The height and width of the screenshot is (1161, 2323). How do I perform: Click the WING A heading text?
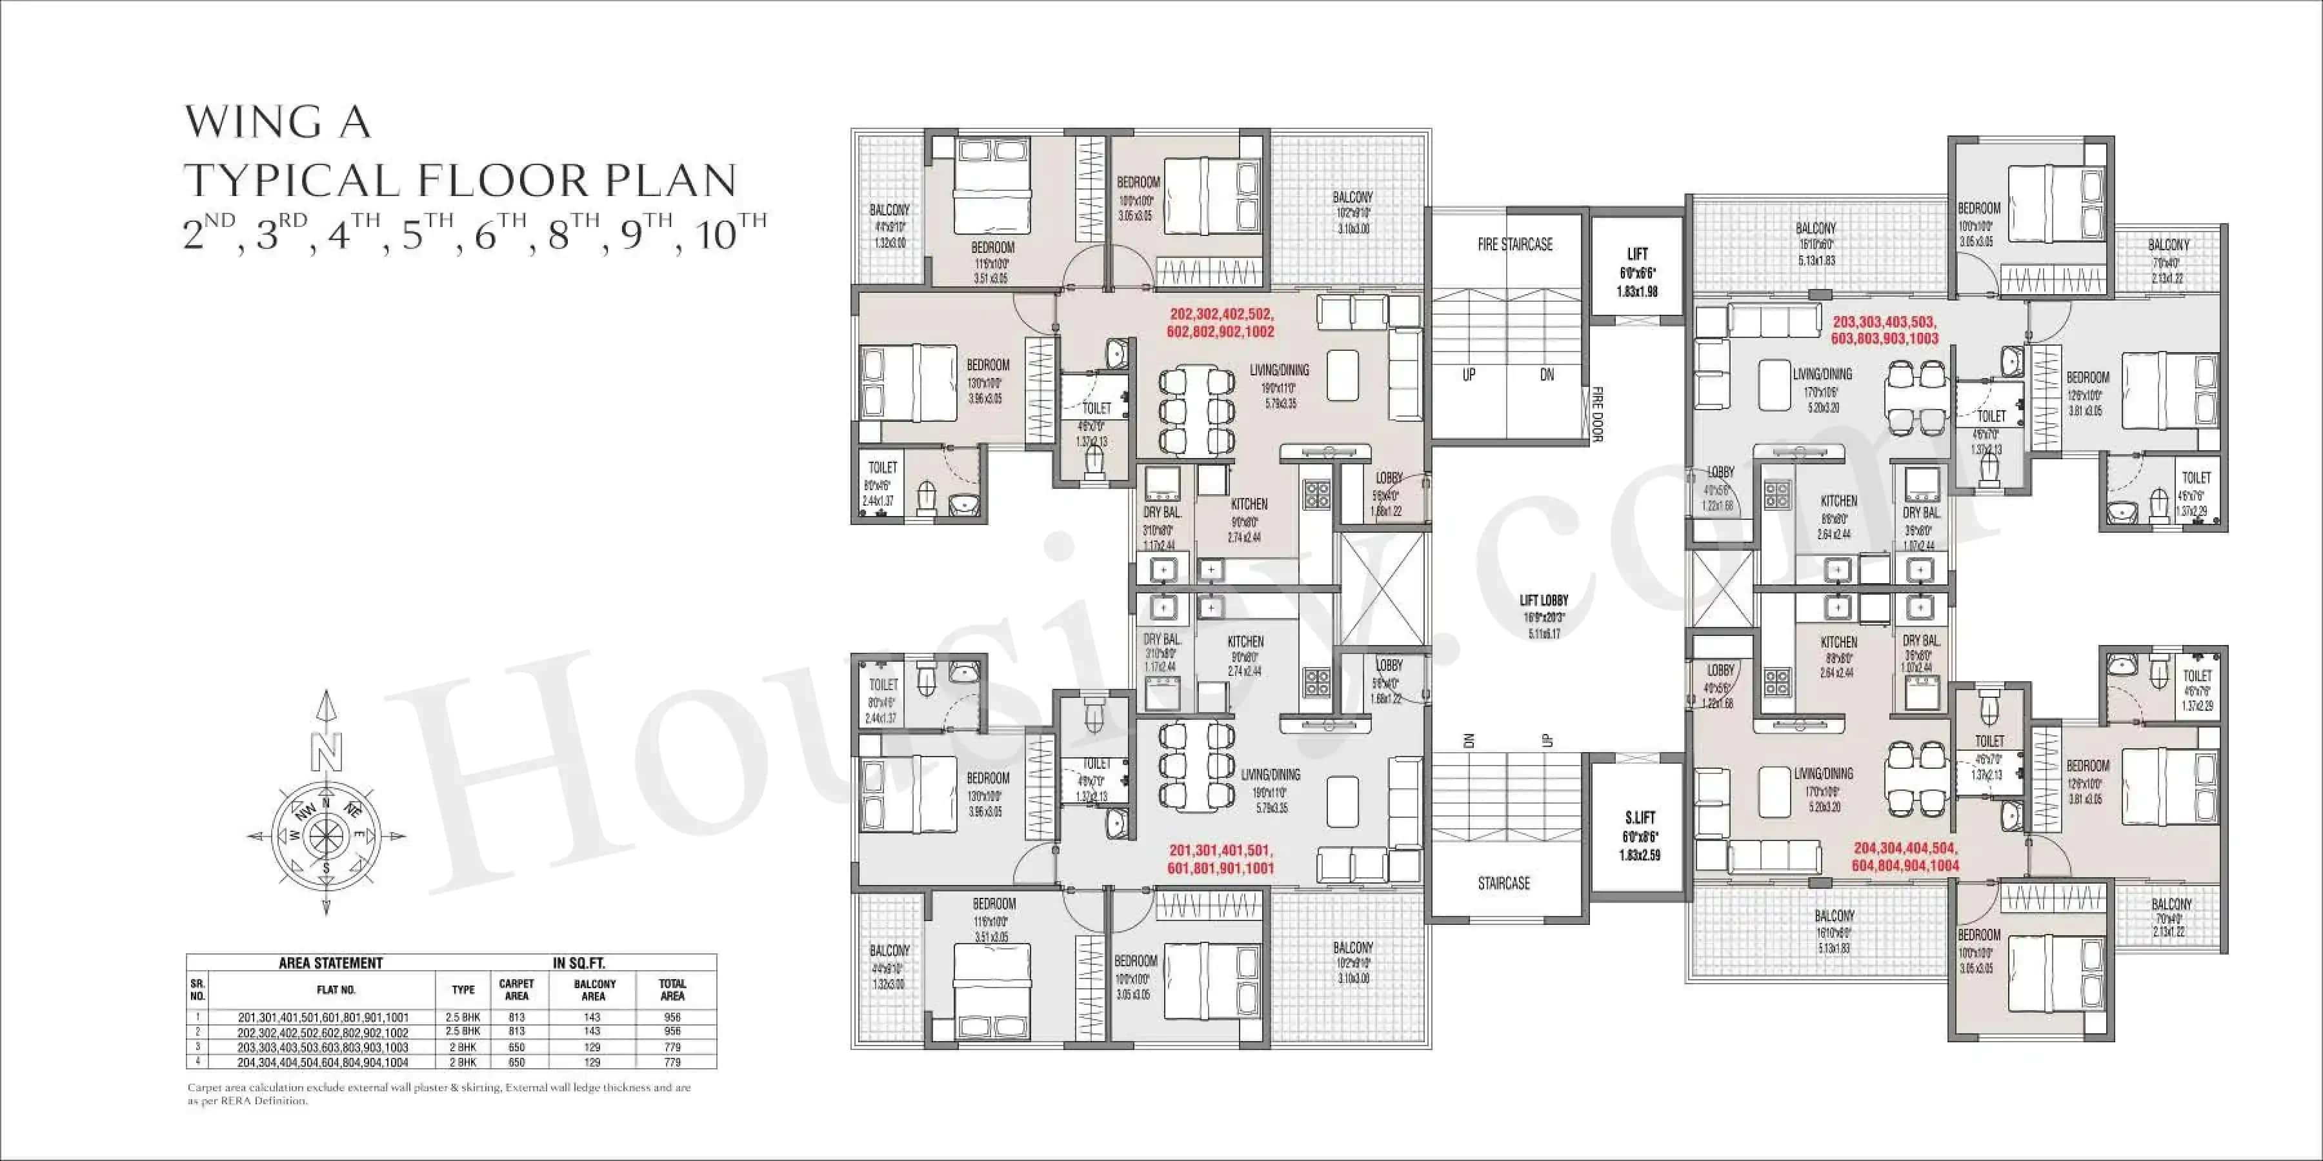[277, 123]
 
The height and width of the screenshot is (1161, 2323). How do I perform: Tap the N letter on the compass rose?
[327, 748]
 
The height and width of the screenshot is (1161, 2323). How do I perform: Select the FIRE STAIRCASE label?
[1515, 244]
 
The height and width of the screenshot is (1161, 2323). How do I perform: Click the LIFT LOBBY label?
[1544, 600]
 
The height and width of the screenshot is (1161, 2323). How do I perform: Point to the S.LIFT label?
[1640, 818]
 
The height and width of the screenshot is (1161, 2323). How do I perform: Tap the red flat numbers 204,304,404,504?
[1906, 848]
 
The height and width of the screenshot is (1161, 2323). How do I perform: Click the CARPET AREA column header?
[517, 989]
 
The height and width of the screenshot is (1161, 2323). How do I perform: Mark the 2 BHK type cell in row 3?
[463, 1047]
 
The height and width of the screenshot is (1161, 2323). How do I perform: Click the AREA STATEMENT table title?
[331, 963]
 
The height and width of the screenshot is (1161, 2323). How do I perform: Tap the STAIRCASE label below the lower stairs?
[1503, 884]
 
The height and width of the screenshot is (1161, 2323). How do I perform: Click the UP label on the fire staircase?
[1468, 375]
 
